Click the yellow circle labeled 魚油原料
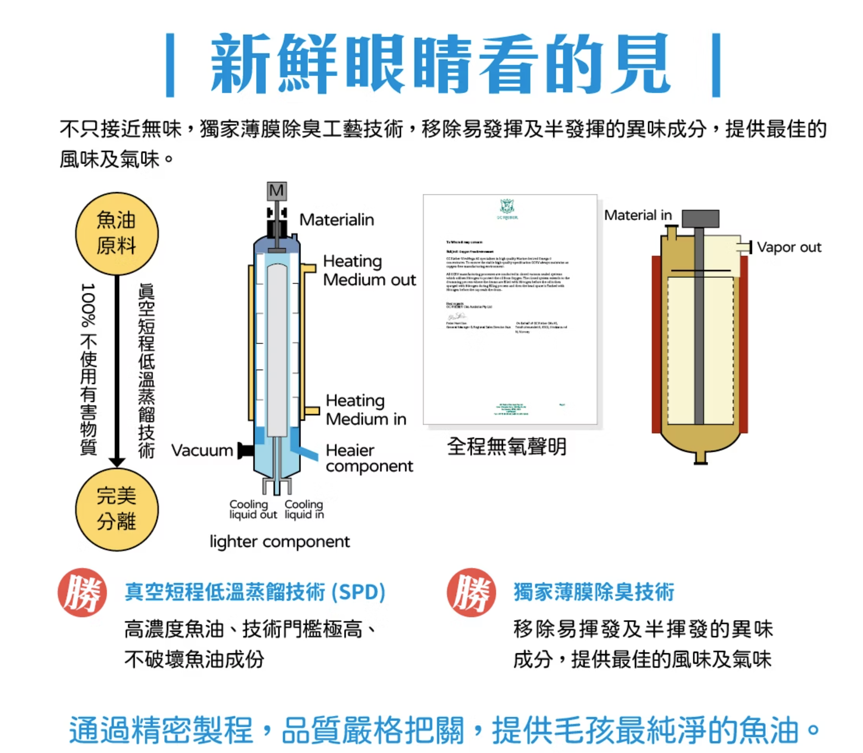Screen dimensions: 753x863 117,234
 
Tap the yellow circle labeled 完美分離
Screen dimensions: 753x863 117,509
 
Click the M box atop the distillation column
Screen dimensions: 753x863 277,191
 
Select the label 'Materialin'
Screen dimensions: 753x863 336,220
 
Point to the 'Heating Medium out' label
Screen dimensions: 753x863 369,271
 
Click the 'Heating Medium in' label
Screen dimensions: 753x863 365,410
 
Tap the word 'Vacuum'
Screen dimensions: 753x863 202,450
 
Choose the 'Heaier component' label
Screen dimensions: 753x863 369,458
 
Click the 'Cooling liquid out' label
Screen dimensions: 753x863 253,509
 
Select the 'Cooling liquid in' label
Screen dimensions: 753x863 304,509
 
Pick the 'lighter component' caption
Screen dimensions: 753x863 280,542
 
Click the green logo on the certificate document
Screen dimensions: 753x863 507,208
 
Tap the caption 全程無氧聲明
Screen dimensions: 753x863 506,447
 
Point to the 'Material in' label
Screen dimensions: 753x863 638,215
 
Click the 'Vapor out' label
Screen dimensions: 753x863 789,247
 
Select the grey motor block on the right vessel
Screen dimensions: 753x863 700,219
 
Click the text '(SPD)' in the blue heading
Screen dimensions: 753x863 359,592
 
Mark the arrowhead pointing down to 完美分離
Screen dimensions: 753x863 117,462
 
